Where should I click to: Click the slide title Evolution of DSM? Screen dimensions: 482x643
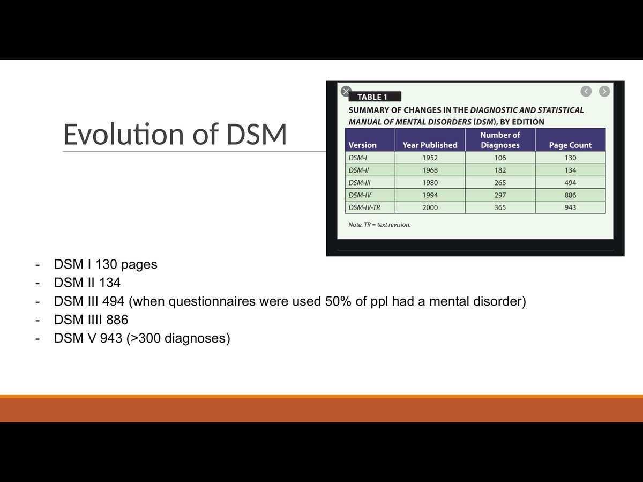click(175, 135)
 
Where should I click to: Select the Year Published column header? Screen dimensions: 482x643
click(430, 145)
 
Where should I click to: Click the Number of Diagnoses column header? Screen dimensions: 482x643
click(500, 140)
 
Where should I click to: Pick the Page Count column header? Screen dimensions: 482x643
click(570, 145)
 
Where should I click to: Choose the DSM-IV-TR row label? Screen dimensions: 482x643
click(364, 207)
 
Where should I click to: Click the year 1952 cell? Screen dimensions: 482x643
click(430, 158)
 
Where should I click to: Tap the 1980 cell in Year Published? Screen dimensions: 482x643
click(430, 183)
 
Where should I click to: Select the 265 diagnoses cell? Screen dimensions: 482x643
click(500, 183)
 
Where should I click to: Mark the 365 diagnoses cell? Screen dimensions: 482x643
click(500, 207)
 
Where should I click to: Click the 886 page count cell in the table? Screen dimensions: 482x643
click(570, 195)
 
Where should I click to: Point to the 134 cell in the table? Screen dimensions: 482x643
click(570, 170)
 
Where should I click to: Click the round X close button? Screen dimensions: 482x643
click(346, 91)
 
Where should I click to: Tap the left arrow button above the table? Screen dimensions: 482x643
click(586, 91)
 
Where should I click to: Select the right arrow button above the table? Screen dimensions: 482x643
click(604, 91)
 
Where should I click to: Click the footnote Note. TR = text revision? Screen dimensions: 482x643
click(379, 225)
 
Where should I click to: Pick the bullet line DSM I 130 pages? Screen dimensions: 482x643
click(106, 265)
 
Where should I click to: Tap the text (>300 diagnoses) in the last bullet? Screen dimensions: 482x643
click(178, 339)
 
